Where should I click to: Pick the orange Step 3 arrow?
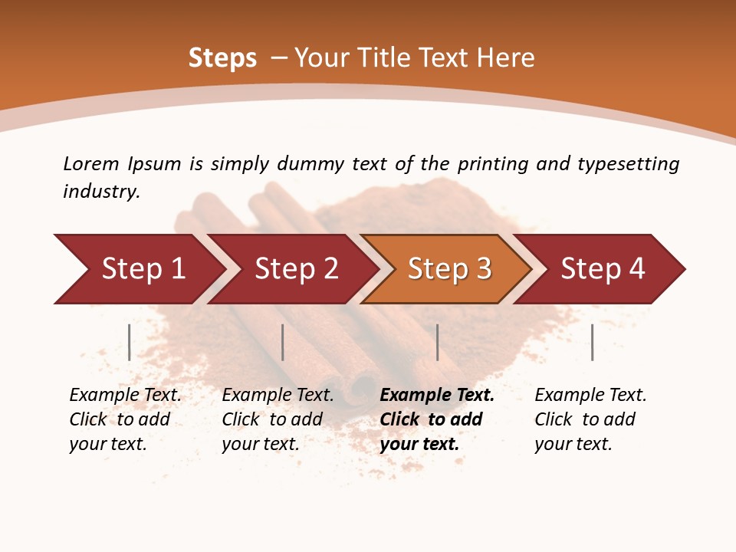[x=448, y=269]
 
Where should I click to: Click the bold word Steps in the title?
[x=222, y=58]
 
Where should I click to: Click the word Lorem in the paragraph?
[x=91, y=163]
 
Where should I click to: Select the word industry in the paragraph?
[x=101, y=191]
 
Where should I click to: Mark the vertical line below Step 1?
[x=130, y=342]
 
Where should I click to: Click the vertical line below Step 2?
[x=283, y=342]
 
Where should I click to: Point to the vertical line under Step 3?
[x=437, y=342]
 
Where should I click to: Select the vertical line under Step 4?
[x=592, y=342]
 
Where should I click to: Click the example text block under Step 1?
[x=125, y=419]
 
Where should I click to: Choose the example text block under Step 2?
[x=278, y=419]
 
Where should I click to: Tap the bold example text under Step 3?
[x=437, y=419]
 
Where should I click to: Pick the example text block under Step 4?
[x=590, y=419]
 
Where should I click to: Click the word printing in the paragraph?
[x=488, y=163]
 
